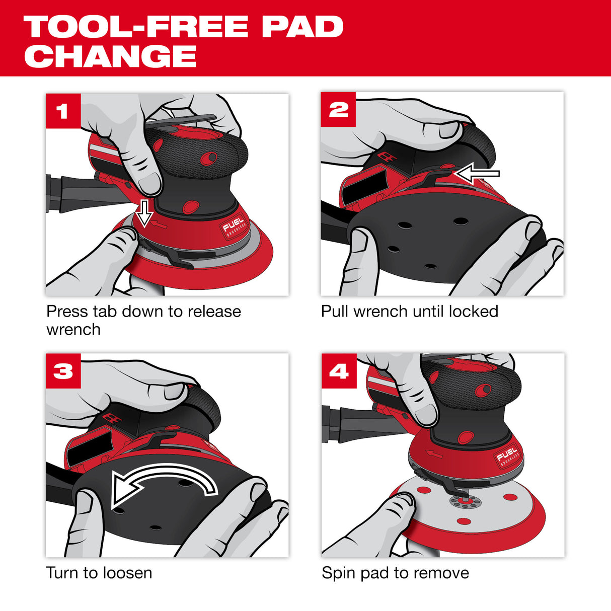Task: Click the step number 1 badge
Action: (63, 111)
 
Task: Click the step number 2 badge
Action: (338, 110)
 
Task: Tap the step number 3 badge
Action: (63, 371)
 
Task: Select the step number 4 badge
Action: (339, 371)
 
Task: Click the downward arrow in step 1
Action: (144, 212)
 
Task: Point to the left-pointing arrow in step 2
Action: (477, 174)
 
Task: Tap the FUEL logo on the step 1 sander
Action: (234, 225)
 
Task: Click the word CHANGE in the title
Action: (110, 56)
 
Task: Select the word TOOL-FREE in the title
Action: (136, 27)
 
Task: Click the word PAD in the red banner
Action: (302, 27)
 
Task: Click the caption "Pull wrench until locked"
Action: (409, 312)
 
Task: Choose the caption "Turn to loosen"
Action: (99, 573)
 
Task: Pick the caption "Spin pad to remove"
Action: (395, 573)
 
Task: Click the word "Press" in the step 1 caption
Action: (67, 312)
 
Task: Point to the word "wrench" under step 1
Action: (73, 330)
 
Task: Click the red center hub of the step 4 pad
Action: (458, 501)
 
